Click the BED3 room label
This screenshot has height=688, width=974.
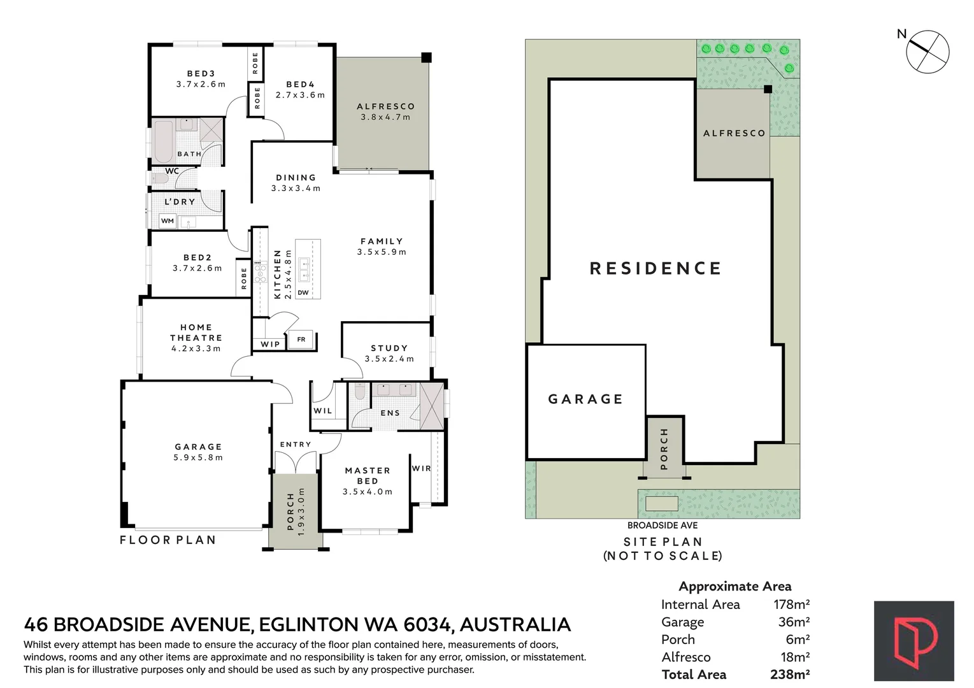(201, 73)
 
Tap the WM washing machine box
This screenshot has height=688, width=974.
(168, 220)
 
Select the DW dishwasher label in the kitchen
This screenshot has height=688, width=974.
(303, 292)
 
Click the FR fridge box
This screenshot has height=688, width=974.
(301, 339)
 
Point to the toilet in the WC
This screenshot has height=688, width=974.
(160, 178)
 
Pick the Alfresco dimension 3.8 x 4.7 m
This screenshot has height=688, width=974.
(385, 117)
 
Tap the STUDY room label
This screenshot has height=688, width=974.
(389, 348)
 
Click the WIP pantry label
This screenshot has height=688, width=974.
(270, 344)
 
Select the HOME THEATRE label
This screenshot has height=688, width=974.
(196, 333)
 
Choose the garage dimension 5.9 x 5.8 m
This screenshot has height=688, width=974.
(198, 457)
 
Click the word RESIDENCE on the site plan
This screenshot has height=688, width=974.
(655, 268)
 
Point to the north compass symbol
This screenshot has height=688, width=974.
(927, 52)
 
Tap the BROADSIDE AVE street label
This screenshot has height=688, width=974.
(662, 526)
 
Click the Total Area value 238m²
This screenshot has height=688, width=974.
(790, 675)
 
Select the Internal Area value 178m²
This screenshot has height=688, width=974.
(791, 605)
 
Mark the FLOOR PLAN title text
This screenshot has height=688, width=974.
(168, 540)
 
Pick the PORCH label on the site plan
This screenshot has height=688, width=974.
(664, 449)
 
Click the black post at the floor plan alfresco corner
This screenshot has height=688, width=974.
(426, 57)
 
